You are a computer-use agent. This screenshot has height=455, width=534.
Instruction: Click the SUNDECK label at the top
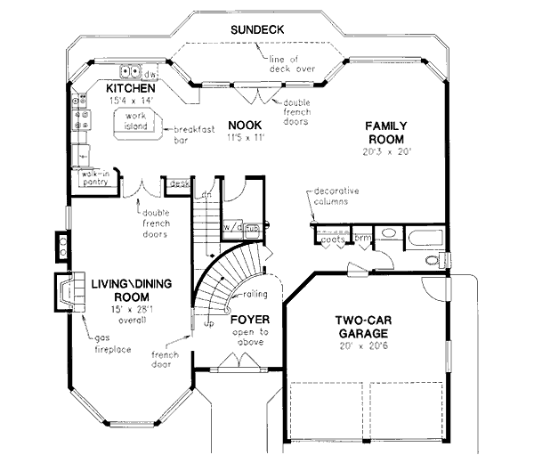point(257,29)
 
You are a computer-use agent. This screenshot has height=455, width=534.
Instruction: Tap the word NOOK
point(242,124)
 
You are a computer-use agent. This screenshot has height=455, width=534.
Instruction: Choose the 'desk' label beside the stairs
point(179,184)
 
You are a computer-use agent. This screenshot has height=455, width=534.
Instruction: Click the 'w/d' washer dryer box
point(233,226)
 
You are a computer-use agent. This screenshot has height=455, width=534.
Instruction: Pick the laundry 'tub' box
point(252,226)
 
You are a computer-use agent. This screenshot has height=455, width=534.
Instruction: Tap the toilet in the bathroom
point(432,260)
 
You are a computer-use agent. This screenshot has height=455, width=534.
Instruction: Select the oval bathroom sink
point(386,235)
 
